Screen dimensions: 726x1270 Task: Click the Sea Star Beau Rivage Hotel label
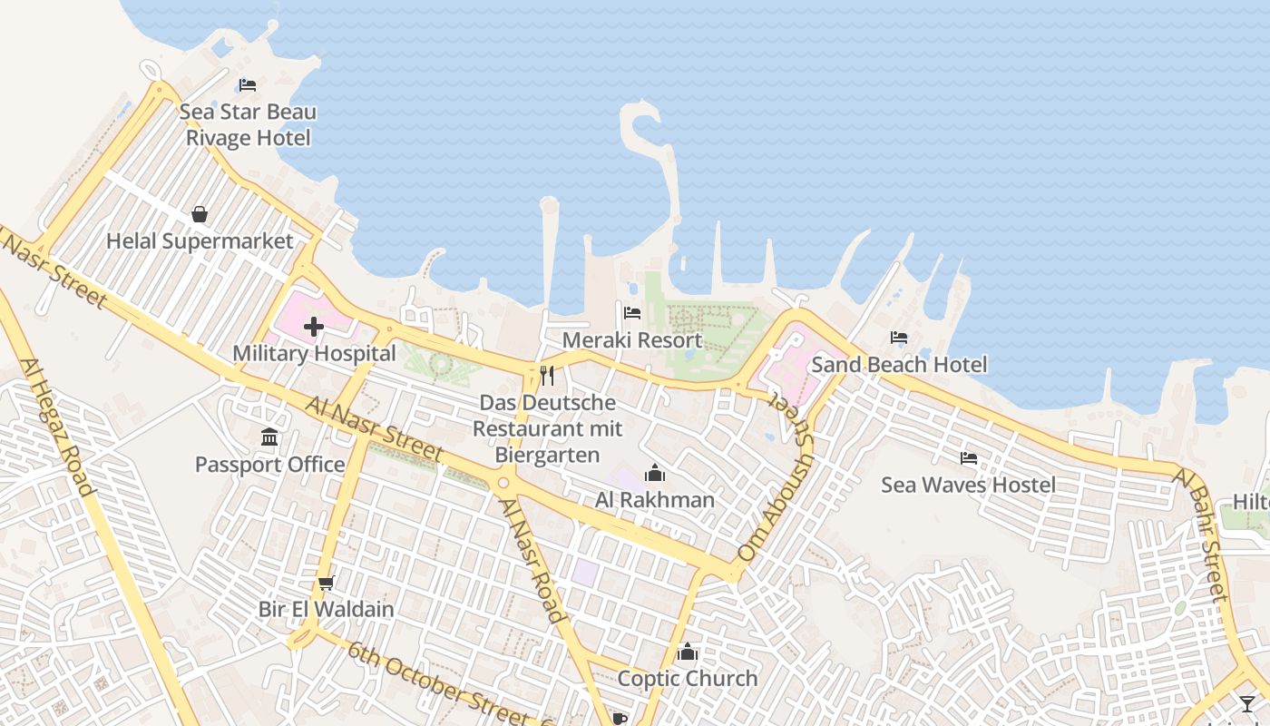pos(248,125)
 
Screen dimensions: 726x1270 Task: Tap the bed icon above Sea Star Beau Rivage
pos(248,85)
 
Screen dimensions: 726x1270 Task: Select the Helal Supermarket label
pos(200,241)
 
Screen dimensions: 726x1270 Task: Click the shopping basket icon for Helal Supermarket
pos(200,214)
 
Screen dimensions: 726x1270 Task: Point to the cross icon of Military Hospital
pos(314,327)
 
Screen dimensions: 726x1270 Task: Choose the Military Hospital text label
pos(314,354)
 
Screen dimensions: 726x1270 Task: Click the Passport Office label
pos(270,465)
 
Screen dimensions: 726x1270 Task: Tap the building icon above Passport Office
pos(269,438)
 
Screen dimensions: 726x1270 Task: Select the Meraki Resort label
pos(632,340)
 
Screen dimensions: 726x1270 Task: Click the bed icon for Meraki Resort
pos(632,313)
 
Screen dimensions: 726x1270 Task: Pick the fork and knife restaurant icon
pos(547,375)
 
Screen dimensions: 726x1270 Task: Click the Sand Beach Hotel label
pos(899,365)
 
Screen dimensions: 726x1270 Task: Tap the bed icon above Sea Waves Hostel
pos(969,458)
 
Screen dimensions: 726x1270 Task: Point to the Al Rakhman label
pos(655,500)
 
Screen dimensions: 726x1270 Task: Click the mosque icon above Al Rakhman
pos(654,473)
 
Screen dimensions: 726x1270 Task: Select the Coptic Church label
pos(688,679)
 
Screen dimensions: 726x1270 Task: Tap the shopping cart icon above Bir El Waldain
pos(326,583)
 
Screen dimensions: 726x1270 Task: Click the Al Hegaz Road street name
pos(56,427)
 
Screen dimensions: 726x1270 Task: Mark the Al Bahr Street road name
pos(1203,535)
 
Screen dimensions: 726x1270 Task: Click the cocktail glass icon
pos(1248,703)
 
